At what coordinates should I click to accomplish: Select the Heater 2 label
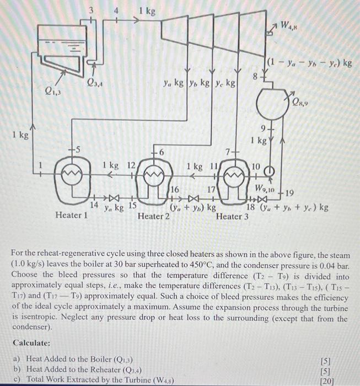coord(153,216)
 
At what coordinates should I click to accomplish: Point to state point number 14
coord(94,205)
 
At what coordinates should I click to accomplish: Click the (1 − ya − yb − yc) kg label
coord(310,62)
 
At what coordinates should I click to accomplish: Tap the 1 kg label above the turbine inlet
coord(147,10)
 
